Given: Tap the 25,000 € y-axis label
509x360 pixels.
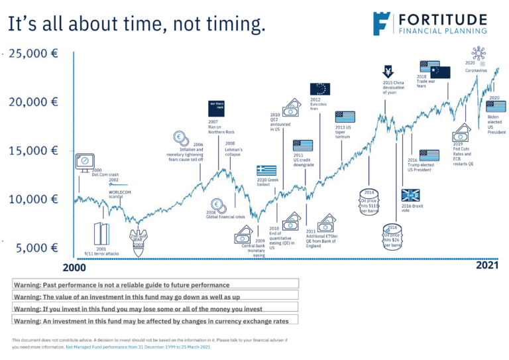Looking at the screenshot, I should (32, 53).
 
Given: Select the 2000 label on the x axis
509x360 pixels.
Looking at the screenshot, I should (74, 268).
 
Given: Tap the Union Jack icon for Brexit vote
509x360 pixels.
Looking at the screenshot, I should (411, 195).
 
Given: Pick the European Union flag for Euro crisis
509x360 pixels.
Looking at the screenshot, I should (320, 89).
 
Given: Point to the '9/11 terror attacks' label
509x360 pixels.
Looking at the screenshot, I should (101, 253).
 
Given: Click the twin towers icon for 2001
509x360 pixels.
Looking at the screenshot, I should (101, 233).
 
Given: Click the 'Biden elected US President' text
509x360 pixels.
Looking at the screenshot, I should (496, 124).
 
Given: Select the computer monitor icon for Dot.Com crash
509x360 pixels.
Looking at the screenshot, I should (84, 161).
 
